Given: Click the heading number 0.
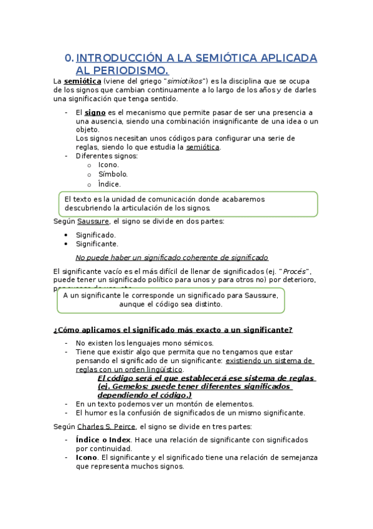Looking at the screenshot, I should (69, 59).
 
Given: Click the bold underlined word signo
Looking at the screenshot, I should (95, 112).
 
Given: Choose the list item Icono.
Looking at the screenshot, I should (108, 165).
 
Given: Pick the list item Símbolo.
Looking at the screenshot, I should (113, 175).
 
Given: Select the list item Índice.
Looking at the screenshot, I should (110, 185).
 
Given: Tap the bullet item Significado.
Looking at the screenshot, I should (96, 235).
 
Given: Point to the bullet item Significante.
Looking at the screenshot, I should (97, 244).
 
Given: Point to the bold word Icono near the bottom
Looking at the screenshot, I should (87, 457).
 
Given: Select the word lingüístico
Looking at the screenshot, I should (161, 369).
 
